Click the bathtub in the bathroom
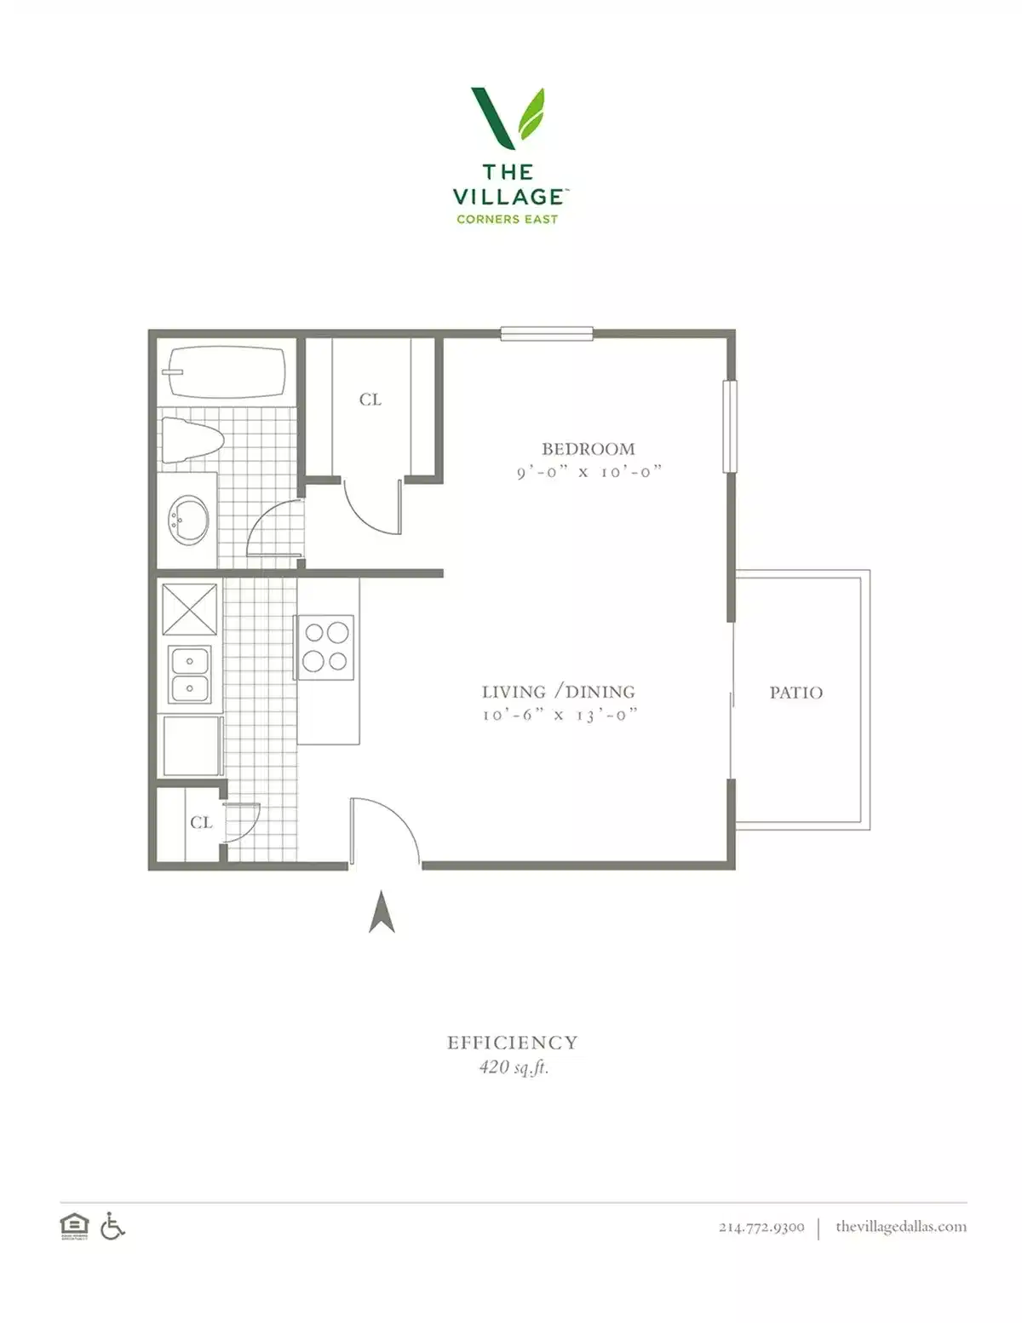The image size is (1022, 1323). pyautogui.click(x=227, y=372)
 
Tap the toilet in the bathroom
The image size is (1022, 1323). pyautogui.click(x=192, y=440)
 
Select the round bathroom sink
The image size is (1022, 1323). pyautogui.click(x=188, y=521)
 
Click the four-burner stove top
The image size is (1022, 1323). pyautogui.click(x=325, y=647)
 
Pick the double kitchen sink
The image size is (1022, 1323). pyautogui.click(x=190, y=674)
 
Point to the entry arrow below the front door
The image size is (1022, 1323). pyautogui.click(x=382, y=912)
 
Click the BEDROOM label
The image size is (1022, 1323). pyautogui.click(x=588, y=449)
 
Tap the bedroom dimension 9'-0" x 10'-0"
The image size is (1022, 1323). pyautogui.click(x=589, y=472)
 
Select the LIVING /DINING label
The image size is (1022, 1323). pyautogui.click(x=558, y=692)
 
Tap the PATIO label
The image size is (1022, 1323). pyautogui.click(x=795, y=693)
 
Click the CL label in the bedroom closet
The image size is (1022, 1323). pyautogui.click(x=370, y=400)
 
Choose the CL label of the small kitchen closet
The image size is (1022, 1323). pyautogui.click(x=201, y=822)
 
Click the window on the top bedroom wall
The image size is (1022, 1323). pyautogui.click(x=546, y=334)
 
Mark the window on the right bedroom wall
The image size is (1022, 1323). pyautogui.click(x=729, y=426)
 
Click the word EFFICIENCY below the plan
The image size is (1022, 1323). pyautogui.click(x=512, y=1043)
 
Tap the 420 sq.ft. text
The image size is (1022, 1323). pyautogui.click(x=514, y=1067)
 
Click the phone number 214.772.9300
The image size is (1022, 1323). pyautogui.click(x=761, y=1227)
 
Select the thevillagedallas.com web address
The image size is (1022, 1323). pyautogui.click(x=900, y=1227)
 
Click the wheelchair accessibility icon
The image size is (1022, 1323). pyautogui.click(x=112, y=1227)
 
